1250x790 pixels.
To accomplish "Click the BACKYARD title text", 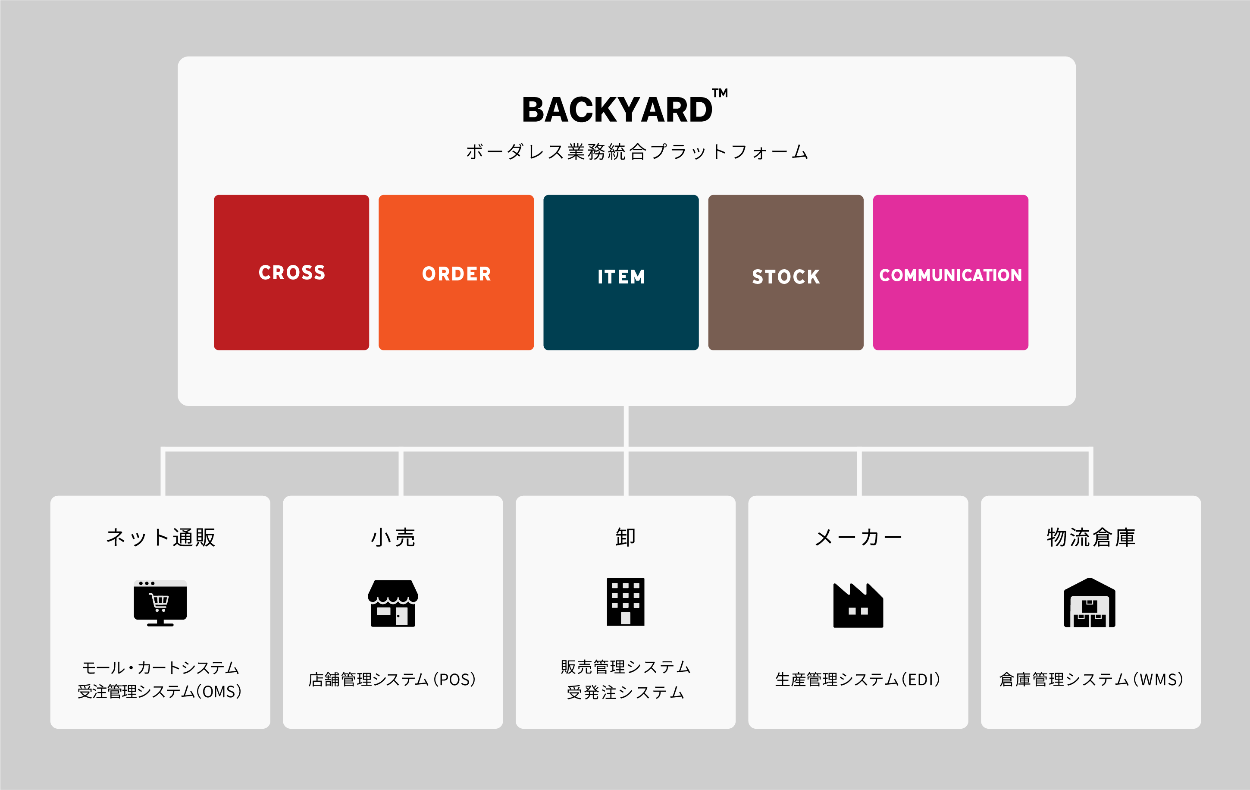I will point(617,110).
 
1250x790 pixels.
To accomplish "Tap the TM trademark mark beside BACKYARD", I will point(720,94).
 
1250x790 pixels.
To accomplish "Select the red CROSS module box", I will point(291,272).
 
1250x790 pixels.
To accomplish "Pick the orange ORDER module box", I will point(456,272).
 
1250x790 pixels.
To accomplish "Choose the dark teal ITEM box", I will point(621,272).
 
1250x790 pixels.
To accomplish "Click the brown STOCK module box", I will point(786,272).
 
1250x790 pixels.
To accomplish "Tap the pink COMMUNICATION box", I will point(950,272).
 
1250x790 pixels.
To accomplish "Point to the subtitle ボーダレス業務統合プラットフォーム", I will point(637,152).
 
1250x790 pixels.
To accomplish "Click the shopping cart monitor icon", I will point(160,602).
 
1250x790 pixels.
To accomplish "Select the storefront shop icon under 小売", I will point(393,603).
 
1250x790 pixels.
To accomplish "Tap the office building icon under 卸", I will point(626,601).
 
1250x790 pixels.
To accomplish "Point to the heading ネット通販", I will point(160,537).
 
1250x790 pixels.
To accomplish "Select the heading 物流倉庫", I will point(1090,537).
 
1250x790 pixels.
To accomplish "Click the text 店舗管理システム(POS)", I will point(392,680).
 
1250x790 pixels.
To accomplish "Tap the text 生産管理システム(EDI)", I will point(858,680).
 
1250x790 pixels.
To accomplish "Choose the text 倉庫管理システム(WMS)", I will point(1090,680).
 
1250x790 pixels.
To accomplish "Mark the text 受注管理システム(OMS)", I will point(160,691).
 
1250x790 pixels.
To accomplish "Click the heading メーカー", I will point(858,537).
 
